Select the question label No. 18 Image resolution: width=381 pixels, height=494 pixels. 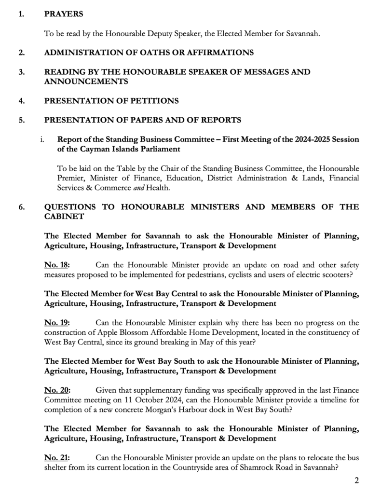[56, 265]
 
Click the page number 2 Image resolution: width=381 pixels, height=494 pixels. [357, 480]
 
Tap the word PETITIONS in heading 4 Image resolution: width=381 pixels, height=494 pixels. [148, 101]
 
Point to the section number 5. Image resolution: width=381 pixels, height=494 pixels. [21, 120]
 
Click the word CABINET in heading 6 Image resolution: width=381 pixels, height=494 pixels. [64, 217]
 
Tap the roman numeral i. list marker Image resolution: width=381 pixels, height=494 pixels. [43, 140]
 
